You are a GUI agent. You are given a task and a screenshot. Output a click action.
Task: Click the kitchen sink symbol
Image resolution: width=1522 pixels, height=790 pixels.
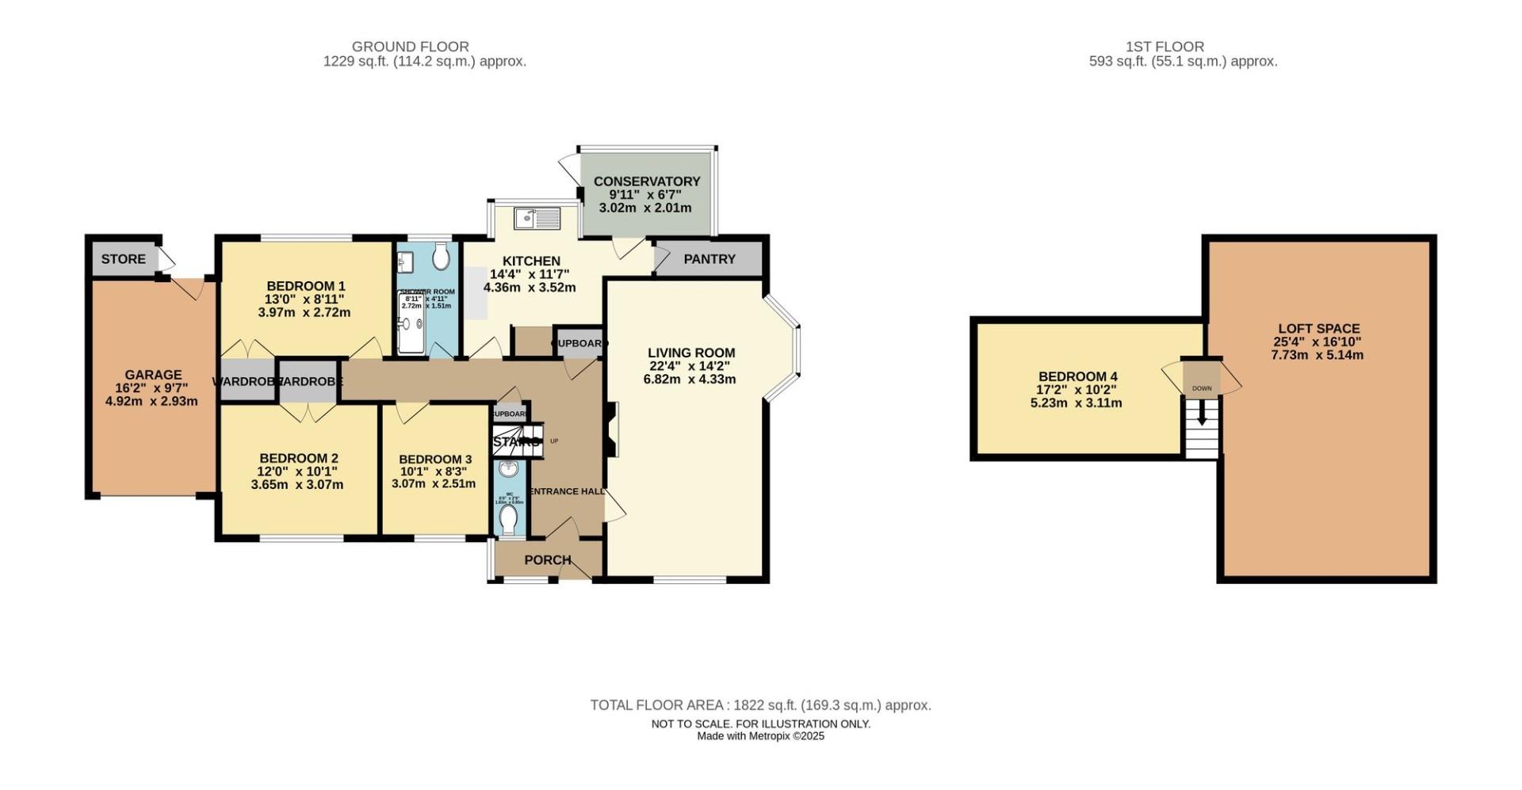point(537,218)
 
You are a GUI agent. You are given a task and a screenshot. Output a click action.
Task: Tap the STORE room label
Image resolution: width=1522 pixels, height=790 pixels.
point(123,259)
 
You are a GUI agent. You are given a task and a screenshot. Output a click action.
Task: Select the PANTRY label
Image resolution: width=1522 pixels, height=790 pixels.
point(709,259)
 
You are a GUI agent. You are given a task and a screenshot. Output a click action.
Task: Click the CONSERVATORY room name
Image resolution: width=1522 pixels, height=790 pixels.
point(647,181)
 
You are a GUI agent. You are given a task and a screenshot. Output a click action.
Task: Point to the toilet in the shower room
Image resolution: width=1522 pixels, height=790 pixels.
point(442,257)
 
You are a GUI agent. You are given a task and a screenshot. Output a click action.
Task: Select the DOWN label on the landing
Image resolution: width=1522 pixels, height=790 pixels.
point(1202,388)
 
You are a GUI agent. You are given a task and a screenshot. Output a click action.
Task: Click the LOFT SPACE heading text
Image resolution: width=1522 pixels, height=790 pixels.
point(1318,328)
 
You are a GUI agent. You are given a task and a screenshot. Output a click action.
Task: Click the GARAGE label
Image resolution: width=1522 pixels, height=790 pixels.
point(153,375)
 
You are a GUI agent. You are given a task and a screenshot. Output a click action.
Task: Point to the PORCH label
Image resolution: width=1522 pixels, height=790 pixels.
point(548,560)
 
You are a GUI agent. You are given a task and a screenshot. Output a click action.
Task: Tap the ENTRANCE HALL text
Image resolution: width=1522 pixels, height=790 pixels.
point(568,491)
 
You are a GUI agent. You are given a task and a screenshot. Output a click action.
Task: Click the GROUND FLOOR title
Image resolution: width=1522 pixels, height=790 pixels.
point(411,47)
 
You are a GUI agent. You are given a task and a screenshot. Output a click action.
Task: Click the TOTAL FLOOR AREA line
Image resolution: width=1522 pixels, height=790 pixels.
point(760,705)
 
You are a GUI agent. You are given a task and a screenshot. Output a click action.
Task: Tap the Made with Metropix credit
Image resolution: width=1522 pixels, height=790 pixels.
point(760,736)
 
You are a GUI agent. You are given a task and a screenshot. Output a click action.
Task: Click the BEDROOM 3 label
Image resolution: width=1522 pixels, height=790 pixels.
point(435,460)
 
